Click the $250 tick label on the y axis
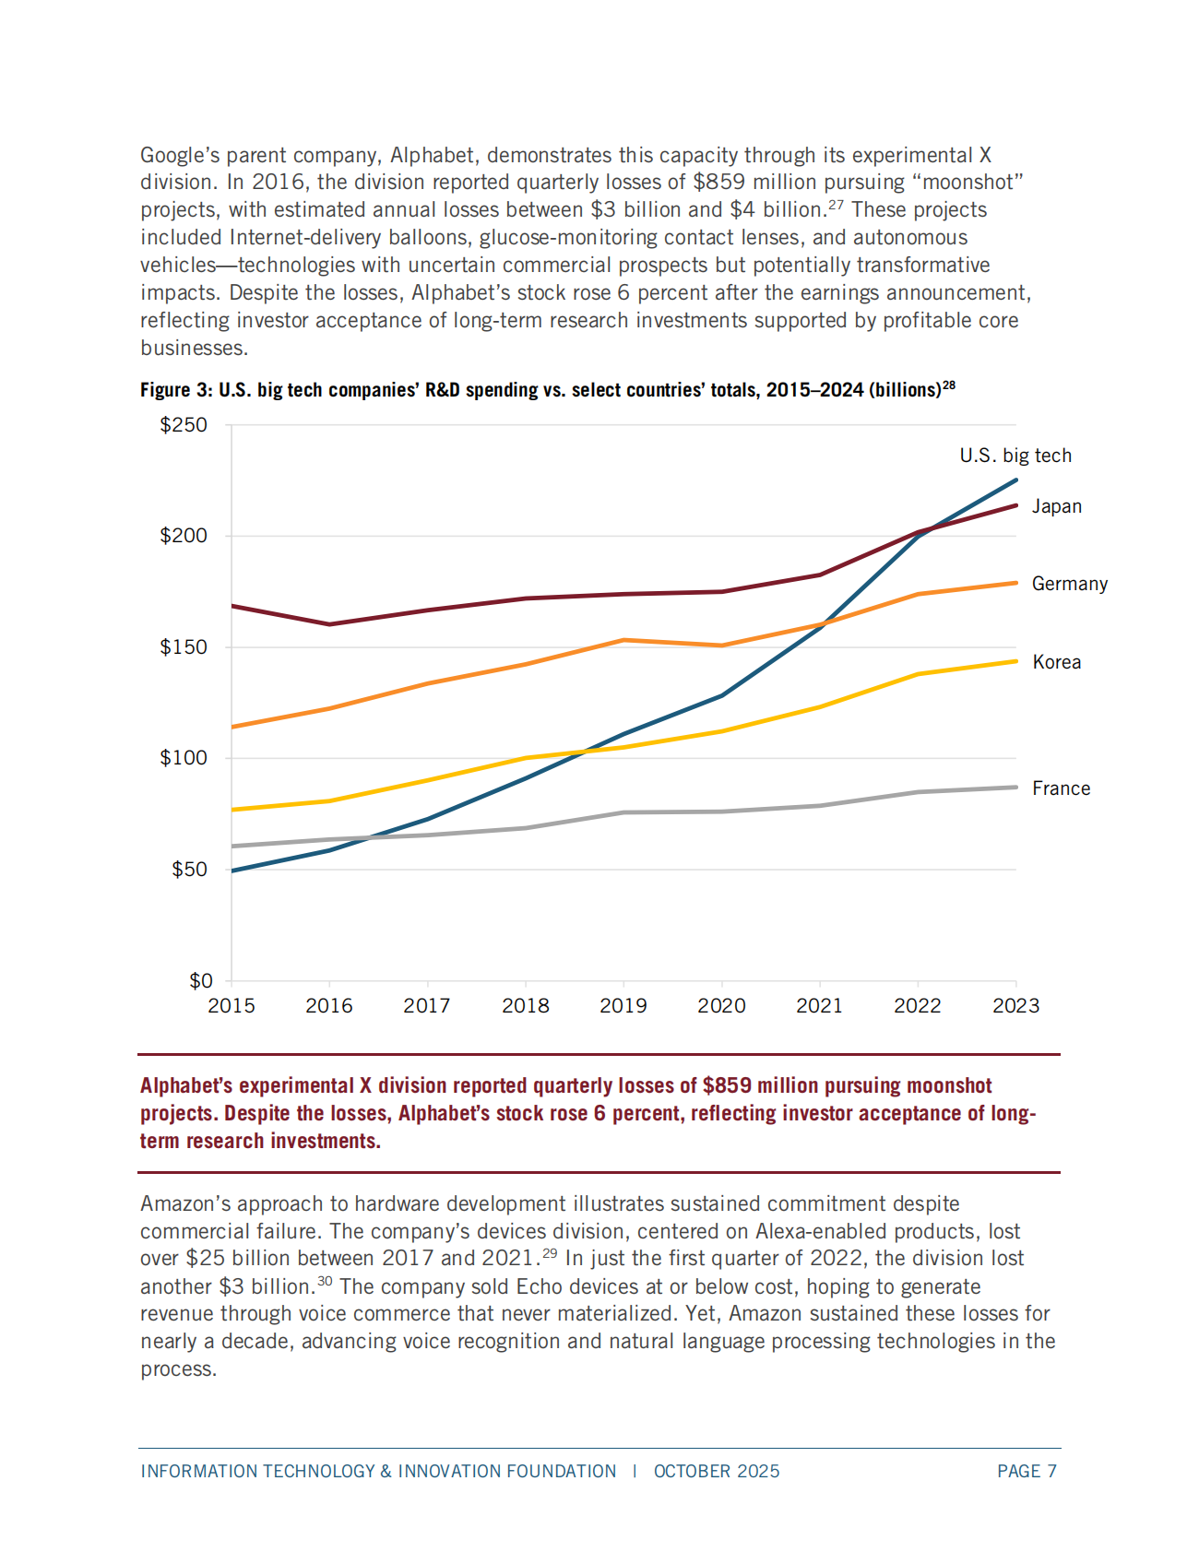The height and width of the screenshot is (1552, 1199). point(184,425)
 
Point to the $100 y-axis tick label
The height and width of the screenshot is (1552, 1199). point(184,758)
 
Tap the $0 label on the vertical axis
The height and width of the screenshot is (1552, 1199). point(200,981)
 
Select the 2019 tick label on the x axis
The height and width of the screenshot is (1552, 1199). point(623,1006)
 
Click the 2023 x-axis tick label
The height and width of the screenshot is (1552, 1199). point(1015,1006)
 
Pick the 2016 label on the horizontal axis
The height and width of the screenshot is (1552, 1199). point(329,1006)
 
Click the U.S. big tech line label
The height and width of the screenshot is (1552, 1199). point(1015,456)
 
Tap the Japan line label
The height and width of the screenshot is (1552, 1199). point(1056,506)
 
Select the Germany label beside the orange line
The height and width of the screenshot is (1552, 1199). point(1070,584)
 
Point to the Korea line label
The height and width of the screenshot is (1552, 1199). point(1056,662)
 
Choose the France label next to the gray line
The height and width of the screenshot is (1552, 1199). point(1061,788)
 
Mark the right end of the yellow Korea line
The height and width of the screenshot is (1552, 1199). point(1016,661)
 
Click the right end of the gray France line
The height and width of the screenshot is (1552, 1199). point(1016,788)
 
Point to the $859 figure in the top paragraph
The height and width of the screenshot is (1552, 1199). point(719,183)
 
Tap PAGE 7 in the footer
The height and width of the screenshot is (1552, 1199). point(1027,1472)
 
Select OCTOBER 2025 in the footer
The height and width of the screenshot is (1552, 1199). point(717,1472)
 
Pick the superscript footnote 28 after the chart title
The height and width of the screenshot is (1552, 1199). point(949,385)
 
